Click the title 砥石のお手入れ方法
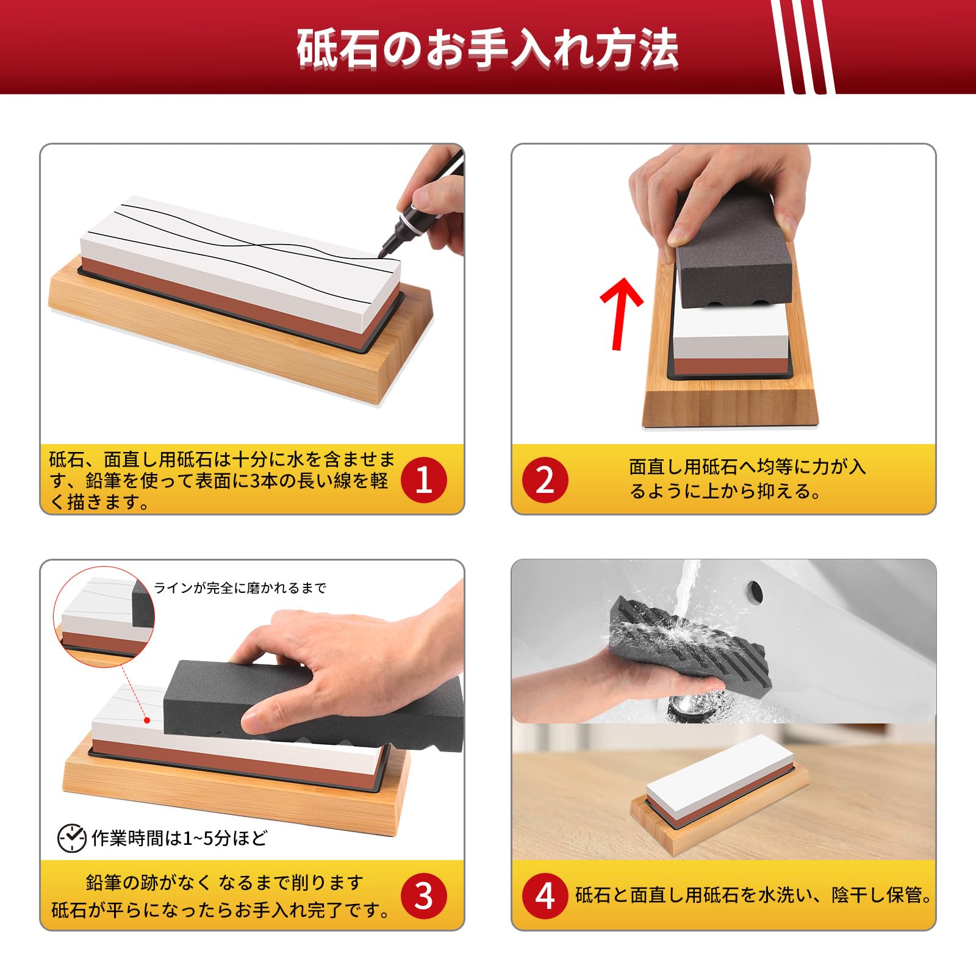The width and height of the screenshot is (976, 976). [x=487, y=48]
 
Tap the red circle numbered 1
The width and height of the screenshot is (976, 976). [x=424, y=480]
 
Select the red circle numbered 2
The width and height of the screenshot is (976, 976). [x=545, y=480]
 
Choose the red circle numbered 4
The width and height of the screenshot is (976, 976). [x=545, y=896]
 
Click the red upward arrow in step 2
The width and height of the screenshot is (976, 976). [x=620, y=313]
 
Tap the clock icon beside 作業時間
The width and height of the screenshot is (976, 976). [x=71, y=838]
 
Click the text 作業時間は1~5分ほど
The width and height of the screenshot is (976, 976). [x=179, y=838]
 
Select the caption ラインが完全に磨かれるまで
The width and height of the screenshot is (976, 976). [x=240, y=588]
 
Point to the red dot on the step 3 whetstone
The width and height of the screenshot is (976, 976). [x=147, y=720]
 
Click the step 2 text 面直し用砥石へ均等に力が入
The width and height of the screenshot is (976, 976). [x=747, y=467]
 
